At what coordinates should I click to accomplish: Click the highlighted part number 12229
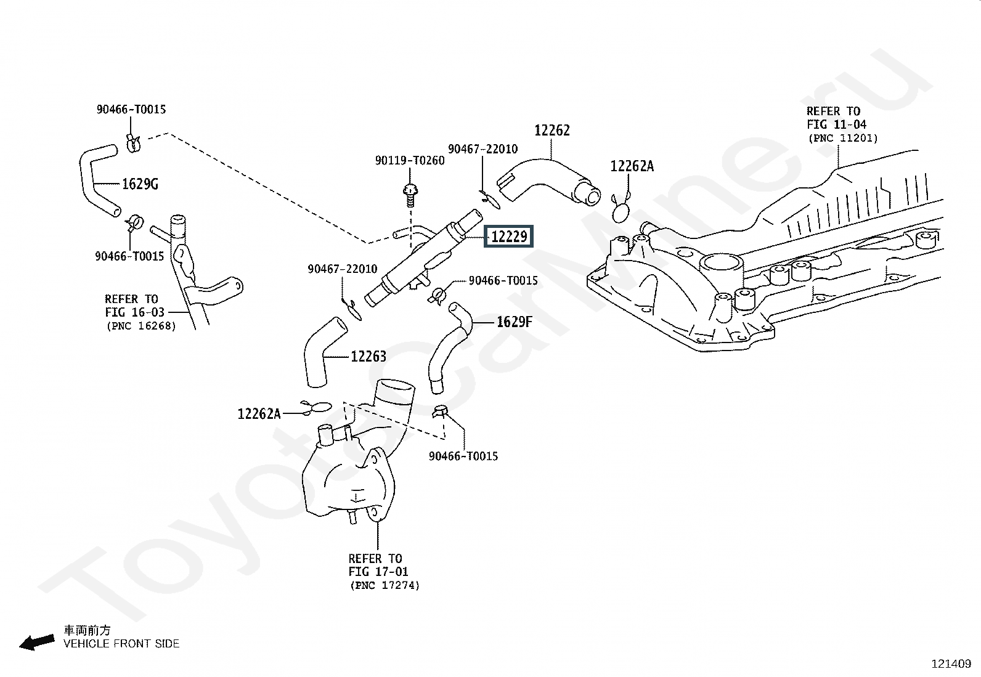pos(509,237)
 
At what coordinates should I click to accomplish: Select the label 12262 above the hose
pos(552,130)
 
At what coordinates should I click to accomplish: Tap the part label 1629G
pos(140,184)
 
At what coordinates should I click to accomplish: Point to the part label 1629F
pos(514,322)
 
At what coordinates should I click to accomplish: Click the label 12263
pos(368,357)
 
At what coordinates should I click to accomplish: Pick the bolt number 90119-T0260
pos(410,161)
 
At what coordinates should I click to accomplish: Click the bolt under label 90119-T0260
pos(410,195)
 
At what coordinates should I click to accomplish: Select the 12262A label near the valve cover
pos(632,166)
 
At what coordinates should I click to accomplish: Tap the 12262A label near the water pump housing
pos(259,414)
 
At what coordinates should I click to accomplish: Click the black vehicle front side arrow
pos(37,643)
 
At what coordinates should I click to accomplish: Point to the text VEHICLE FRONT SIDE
pos(121,644)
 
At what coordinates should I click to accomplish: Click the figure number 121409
pos(951,664)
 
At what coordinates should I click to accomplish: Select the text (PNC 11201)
pos(843,139)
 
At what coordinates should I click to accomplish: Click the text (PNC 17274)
pos(385,585)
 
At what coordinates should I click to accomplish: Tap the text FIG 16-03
pos(134,312)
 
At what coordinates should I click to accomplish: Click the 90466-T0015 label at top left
pos(131,110)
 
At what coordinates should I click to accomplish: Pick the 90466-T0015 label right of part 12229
pos(503,280)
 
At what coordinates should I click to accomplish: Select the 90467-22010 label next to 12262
pos(482,149)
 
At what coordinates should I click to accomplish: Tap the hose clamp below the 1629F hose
pos(440,411)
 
